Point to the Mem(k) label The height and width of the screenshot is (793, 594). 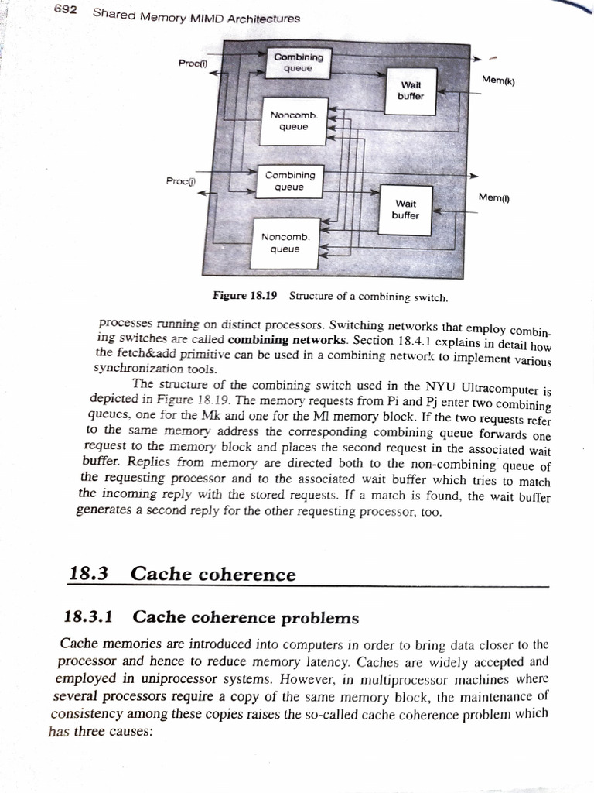coord(497,79)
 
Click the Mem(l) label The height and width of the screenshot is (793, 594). coord(493,197)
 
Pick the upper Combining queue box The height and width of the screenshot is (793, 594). coord(299,63)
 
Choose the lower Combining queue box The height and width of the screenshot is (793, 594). coord(289,181)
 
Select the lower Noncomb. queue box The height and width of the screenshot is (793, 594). coord(285,242)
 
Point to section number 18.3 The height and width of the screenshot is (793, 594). coord(88,574)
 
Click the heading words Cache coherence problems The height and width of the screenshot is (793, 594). coord(246,617)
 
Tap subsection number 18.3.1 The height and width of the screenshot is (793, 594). coord(88,616)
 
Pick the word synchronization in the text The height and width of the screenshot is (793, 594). coord(132,368)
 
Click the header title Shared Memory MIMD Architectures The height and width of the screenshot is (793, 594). coord(196,17)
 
